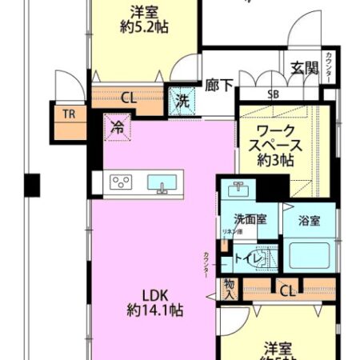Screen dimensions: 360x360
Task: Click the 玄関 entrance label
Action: pyautogui.click(x=305, y=67)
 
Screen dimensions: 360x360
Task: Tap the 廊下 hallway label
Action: pyautogui.click(x=219, y=82)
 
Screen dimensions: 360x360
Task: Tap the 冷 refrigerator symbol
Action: pyautogui.click(x=118, y=126)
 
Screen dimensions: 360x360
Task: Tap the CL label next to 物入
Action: pyautogui.click(x=286, y=290)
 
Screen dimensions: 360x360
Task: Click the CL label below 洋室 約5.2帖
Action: pyautogui.click(x=128, y=99)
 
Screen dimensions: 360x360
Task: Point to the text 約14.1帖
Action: pyautogui.click(x=155, y=309)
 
